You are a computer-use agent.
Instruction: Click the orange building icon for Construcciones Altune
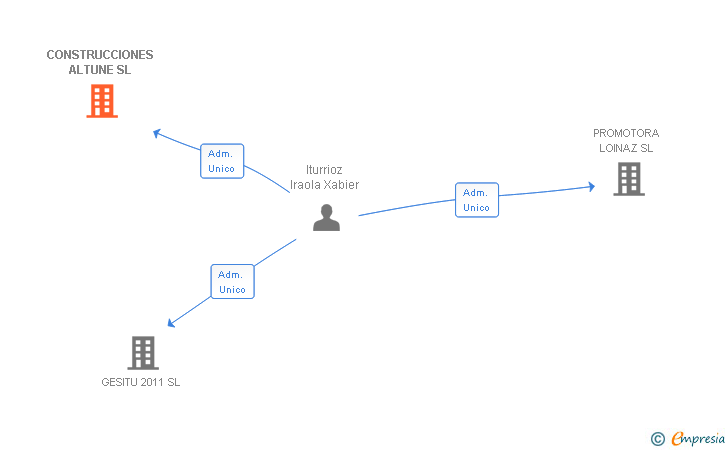coord(101,101)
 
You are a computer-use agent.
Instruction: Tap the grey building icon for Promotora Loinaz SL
coord(628,179)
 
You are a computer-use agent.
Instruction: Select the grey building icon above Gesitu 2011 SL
coord(143,352)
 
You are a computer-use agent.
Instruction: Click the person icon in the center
coord(326,218)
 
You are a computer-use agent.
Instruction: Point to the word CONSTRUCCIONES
coord(100,55)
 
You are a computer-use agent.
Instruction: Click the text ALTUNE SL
coord(100,70)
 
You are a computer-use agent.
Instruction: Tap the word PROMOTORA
coord(626,133)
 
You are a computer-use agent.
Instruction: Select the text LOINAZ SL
coord(626,148)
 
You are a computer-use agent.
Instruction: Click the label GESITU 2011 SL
coord(141,382)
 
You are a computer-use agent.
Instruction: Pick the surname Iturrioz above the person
coord(324,170)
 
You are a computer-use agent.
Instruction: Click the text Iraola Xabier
coord(324,185)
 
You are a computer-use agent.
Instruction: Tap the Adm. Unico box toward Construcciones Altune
coord(222,161)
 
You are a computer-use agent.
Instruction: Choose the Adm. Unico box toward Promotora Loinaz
coord(476,200)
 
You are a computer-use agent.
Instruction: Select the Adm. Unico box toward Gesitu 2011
coord(232,281)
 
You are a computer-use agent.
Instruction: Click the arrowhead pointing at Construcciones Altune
coord(156,132)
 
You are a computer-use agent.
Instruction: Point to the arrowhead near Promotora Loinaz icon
coord(592,187)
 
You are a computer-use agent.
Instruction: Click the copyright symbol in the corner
coord(657,438)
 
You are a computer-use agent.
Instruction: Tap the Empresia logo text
coord(698,437)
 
